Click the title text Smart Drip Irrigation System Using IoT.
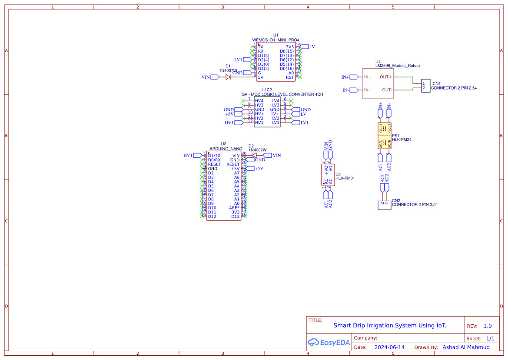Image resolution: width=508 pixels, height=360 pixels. point(389,325)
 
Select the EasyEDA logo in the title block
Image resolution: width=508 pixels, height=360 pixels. point(329,342)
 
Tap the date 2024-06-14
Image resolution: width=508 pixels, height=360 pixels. point(389,347)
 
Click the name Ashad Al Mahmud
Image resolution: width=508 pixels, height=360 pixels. point(466,347)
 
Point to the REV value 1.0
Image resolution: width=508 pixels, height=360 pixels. point(488,326)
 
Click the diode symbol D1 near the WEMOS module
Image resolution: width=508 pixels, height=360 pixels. point(228,77)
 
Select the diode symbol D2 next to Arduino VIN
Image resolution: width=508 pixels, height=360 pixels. point(254,155)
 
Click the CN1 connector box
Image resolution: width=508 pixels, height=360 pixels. point(426,86)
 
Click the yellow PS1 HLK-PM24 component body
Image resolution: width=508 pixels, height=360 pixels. point(385,136)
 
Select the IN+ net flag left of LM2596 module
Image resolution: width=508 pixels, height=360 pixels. point(347,77)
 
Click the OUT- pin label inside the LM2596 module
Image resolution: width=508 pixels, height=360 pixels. point(386,90)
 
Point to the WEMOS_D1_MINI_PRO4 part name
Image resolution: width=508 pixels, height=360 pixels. point(276,40)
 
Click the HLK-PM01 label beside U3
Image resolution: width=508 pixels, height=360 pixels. point(345,178)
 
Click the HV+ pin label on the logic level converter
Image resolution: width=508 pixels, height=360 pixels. point(259,114)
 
